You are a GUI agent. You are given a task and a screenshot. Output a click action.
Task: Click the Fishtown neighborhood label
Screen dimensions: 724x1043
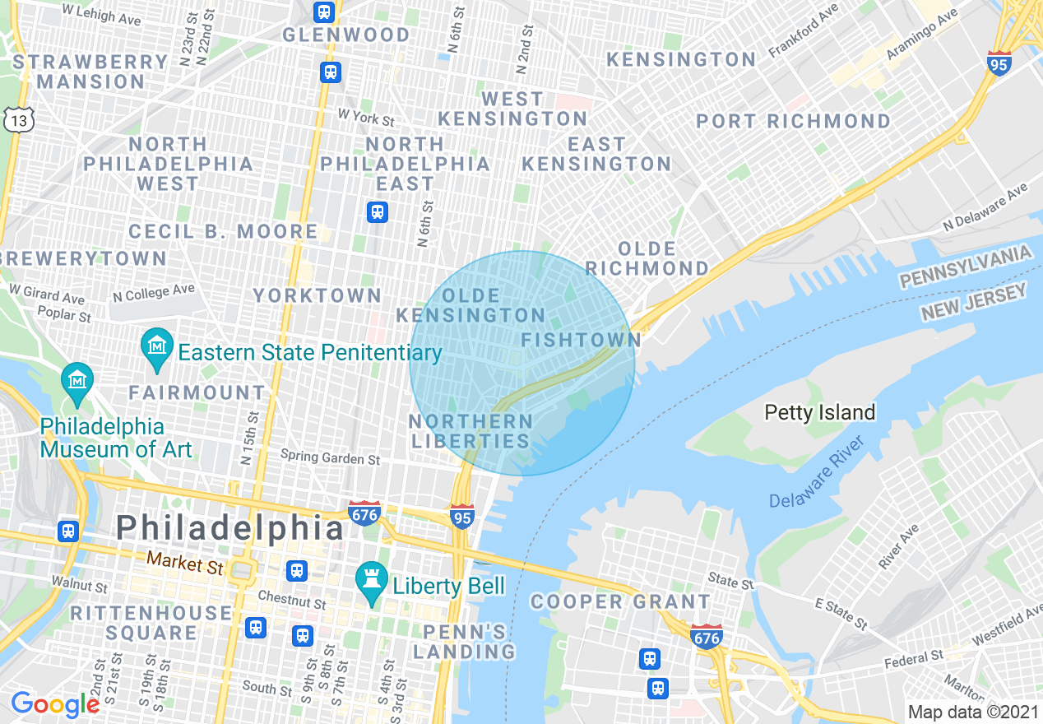581,340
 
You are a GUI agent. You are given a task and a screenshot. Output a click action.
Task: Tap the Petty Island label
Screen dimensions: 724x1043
819,412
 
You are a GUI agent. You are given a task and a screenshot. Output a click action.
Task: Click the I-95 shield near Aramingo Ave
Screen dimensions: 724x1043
999,63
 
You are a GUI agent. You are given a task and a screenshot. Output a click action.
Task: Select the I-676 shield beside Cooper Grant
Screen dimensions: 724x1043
707,635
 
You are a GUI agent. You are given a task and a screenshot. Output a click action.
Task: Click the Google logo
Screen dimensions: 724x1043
54,704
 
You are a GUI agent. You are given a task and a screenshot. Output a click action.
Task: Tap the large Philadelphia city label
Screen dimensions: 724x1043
229,527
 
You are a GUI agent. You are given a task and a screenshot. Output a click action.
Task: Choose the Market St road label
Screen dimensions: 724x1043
185,564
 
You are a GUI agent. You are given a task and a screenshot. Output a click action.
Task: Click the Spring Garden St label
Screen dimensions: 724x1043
330,457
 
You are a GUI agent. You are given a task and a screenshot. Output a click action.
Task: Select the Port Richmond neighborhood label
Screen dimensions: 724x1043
793,122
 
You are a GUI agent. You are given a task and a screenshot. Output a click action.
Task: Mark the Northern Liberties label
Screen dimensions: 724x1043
471,431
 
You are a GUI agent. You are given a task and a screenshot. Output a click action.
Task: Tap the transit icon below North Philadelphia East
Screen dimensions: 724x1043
378,212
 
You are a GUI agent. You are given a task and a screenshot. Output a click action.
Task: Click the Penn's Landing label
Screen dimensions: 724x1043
464,642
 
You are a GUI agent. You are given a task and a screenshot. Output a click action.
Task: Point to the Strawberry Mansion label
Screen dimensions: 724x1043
90,72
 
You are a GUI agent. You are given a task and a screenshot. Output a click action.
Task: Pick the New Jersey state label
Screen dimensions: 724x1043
974,302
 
